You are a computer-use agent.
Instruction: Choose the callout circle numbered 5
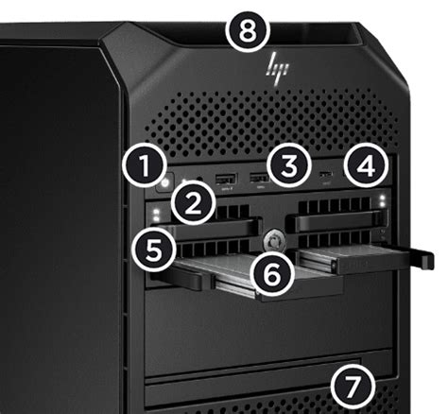point(152,249)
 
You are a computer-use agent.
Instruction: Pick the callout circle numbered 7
point(349,385)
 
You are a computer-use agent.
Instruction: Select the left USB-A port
point(225,180)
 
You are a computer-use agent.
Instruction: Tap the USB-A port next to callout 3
point(256,179)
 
